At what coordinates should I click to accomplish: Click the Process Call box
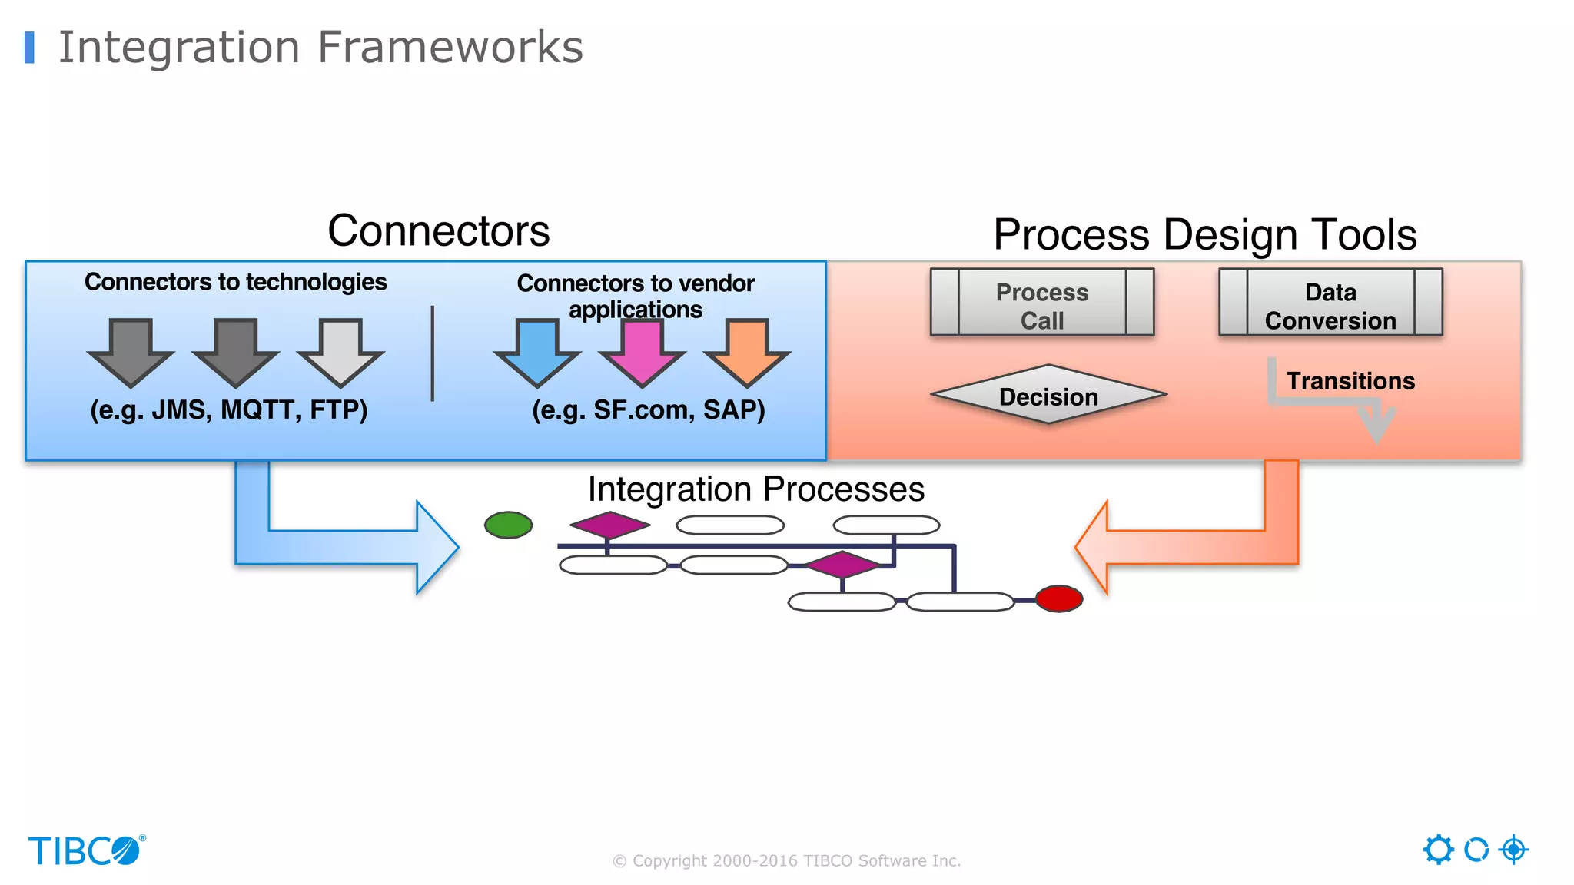[1041, 303]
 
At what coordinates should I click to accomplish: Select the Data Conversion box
[1330, 303]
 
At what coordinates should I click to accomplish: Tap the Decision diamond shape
[1048, 395]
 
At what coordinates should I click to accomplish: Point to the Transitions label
[1350, 381]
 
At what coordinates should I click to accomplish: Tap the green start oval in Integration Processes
[508, 525]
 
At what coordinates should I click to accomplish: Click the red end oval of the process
[1058, 598]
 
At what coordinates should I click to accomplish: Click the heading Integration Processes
[755, 489]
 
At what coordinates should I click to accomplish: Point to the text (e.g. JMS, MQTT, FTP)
[228, 409]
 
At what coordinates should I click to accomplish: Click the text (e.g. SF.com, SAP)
[648, 409]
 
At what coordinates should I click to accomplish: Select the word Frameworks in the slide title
[450, 48]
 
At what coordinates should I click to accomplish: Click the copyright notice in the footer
[786, 861]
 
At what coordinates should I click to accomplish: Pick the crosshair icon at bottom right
[1513, 850]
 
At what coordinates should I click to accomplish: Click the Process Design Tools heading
[1204, 235]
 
